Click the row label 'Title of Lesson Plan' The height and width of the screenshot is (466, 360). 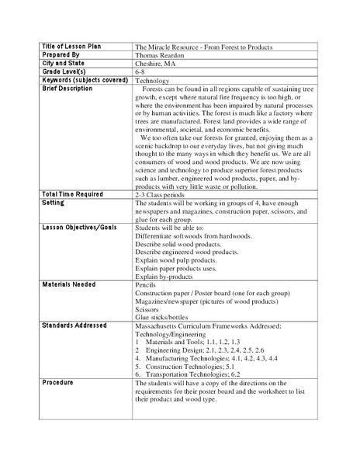coord(70,47)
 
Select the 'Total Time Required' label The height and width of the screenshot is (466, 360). coord(71,193)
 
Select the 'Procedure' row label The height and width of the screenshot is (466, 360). coord(57,382)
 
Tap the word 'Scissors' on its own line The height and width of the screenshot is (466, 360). coord(148,312)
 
